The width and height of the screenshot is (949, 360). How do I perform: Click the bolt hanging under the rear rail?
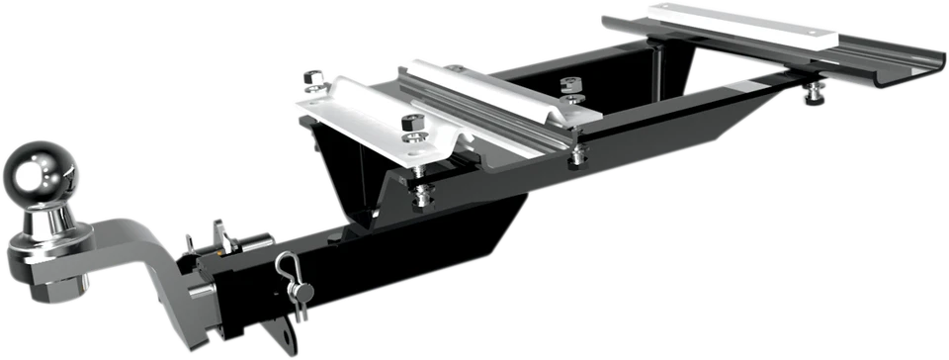(815, 92)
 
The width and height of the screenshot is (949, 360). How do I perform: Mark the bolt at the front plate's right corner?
(576, 152)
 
